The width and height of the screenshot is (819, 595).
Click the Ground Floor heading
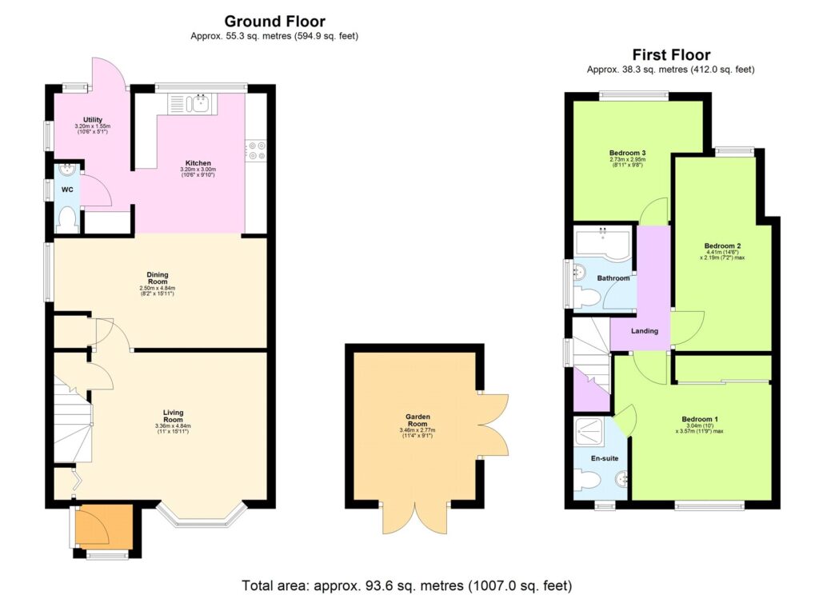click(274, 22)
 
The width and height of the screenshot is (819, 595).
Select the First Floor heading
click(670, 55)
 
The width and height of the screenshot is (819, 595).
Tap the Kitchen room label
click(196, 163)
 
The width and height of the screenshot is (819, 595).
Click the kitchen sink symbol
click(197, 102)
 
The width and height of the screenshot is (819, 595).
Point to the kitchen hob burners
click(257, 150)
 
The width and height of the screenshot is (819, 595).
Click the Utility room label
click(92, 120)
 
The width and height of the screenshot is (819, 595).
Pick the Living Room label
click(172, 416)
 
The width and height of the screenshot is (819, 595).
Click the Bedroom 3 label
click(627, 153)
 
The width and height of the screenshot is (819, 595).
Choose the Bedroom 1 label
click(700, 419)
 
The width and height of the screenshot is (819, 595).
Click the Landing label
click(645, 330)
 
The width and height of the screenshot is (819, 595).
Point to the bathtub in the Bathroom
click(604, 240)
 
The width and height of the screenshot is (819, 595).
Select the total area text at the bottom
click(407, 585)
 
